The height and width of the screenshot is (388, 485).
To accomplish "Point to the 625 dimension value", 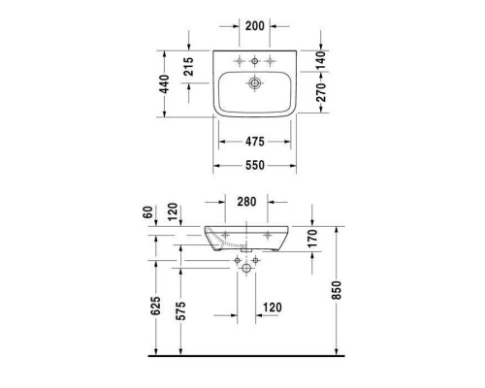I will tap(154, 308).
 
